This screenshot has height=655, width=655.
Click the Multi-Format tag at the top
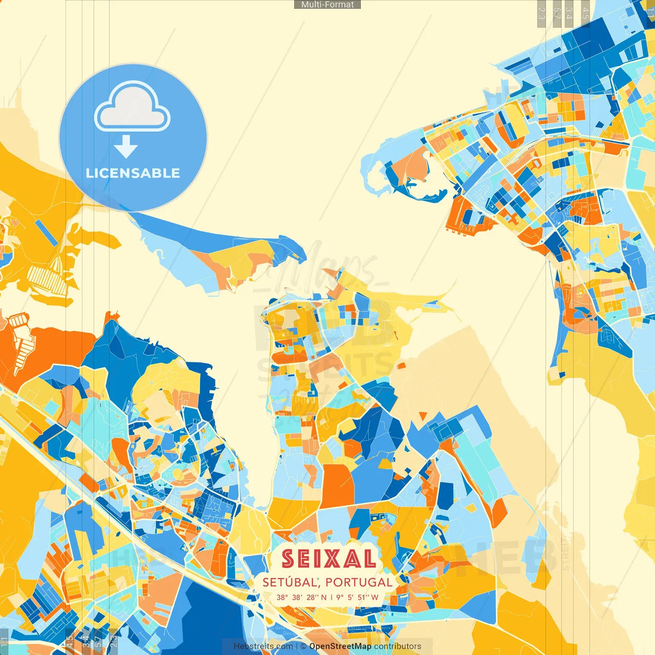coord(327,5)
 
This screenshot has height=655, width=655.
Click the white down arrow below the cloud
coord(126,146)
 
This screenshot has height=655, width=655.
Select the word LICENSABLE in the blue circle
coord(133,173)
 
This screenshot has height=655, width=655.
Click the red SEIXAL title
coord(329,559)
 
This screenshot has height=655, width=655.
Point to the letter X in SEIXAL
coord(335,559)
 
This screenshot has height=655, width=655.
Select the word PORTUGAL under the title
coord(359,582)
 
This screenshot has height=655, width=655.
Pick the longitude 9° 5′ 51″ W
coord(357,597)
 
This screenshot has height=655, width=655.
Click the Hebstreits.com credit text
coord(263,646)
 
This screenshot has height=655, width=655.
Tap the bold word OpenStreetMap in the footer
coord(340,646)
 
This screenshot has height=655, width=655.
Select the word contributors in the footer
coord(398,646)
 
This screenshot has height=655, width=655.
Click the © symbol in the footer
coord(304,646)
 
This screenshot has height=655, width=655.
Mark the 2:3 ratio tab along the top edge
coord(541,13)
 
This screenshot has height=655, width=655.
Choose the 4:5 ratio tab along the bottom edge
coord(70,641)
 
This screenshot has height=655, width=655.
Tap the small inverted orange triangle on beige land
coord(423,414)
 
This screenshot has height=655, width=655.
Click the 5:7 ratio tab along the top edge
coord(556,13)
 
